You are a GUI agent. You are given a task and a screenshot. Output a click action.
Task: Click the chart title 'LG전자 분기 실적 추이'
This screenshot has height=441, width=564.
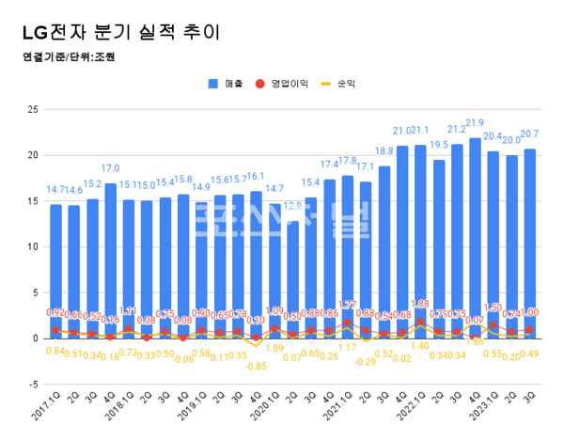(x=112, y=32)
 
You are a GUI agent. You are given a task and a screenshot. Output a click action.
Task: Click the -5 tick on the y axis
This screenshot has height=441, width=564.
(x=31, y=385)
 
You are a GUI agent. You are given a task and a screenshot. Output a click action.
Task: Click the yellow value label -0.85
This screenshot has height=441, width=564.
(x=257, y=366)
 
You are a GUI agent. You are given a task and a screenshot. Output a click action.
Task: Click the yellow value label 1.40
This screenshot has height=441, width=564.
(x=420, y=345)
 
